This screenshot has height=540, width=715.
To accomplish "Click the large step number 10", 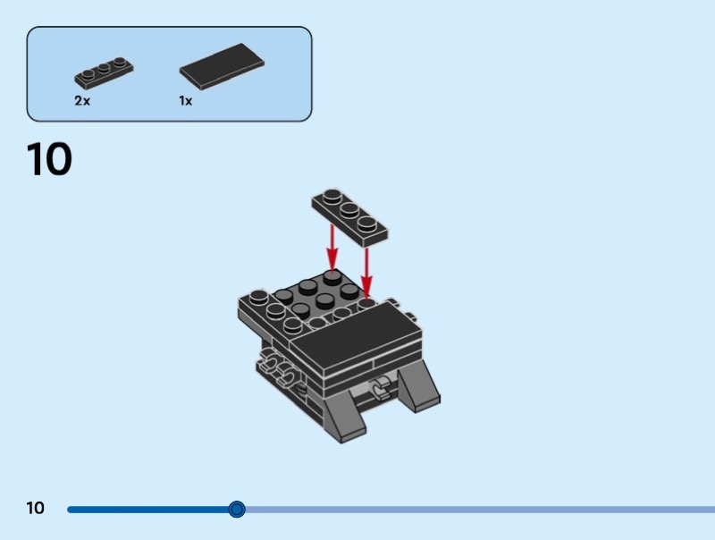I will [49, 159].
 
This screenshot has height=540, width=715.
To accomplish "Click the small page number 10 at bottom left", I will [35, 509].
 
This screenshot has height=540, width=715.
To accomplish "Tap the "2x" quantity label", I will [82, 101].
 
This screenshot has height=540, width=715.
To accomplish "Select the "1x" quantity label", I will [185, 101].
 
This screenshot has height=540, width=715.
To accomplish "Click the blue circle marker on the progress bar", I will [237, 510].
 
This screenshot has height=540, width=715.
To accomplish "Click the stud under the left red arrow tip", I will [332, 276].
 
